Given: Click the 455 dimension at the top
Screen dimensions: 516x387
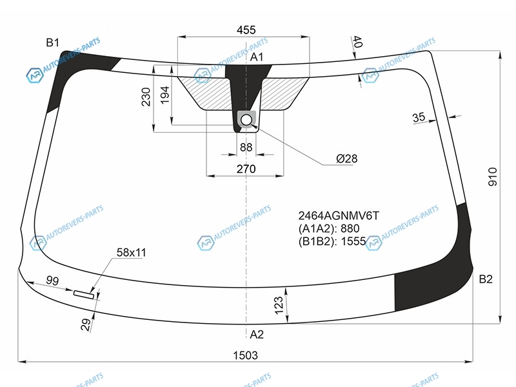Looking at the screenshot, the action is point(246,30).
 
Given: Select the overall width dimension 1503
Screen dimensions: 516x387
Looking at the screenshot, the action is point(246,355).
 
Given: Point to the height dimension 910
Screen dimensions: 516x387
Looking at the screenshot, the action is point(493,177).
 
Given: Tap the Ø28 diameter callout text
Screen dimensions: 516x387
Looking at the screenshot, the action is point(347,159).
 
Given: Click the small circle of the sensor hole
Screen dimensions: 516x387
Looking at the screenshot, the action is point(246,120).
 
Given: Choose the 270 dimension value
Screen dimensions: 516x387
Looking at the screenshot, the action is point(246,169).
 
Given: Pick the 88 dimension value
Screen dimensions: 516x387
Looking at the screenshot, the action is point(246,147).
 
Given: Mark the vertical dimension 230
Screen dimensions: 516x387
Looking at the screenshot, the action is point(146,97).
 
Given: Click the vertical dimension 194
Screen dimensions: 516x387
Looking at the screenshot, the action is point(165,95).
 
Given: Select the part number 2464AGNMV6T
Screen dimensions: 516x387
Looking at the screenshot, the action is point(339,216).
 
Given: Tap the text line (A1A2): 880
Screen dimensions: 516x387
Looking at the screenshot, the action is point(329,228).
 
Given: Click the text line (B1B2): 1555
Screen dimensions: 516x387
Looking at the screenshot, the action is point(332,241).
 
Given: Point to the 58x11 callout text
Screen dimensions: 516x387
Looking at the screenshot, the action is point(132,253).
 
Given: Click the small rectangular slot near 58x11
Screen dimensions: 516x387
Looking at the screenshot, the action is point(84,294).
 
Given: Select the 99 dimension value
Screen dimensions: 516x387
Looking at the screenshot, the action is point(52,281).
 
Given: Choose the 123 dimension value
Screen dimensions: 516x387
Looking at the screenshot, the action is point(279,305).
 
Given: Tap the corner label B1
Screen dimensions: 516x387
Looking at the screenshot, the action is point(53,43).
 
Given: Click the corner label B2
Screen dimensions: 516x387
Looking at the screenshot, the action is point(486,279).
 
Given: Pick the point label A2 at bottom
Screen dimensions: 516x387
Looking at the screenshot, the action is point(257,334).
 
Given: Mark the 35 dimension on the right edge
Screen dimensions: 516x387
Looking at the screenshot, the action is point(419,117).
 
